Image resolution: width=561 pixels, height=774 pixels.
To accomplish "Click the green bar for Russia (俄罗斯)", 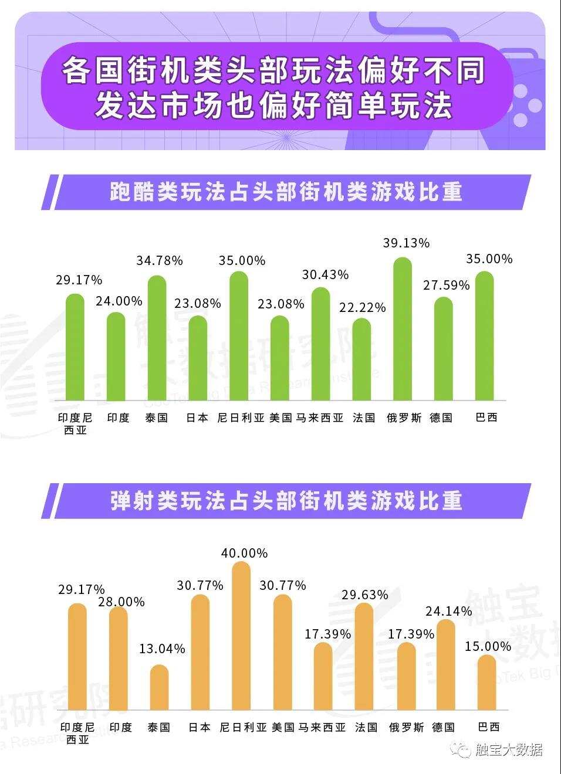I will (x=403, y=328).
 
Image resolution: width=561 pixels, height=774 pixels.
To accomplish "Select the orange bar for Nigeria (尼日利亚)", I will (x=241, y=636).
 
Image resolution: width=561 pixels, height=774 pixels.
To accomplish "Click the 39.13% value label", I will (x=406, y=243).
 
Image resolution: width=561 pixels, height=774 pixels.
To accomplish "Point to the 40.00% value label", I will (x=244, y=553).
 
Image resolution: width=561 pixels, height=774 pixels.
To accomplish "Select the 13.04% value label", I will (x=162, y=649).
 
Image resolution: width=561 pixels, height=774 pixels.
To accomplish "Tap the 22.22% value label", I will (x=363, y=307).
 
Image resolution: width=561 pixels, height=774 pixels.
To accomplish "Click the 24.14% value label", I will (x=449, y=611).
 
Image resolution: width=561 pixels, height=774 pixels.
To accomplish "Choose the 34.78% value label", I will (x=160, y=260).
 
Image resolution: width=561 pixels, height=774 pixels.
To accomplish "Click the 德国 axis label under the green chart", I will (x=441, y=418).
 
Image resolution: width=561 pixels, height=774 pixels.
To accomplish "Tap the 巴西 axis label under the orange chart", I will (x=489, y=727).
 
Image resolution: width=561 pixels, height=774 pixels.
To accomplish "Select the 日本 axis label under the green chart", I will (x=197, y=418).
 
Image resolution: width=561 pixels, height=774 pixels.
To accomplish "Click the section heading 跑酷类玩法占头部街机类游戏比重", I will (x=286, y=192).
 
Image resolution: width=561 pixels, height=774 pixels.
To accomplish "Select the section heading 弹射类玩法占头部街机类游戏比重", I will (x=286, y=500).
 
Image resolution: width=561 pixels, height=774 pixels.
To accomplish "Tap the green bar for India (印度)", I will (x=116, y=356).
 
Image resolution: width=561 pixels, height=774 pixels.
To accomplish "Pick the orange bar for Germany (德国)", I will (x=446, y=665).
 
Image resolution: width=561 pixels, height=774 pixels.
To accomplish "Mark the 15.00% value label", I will (x=488, y=646).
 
